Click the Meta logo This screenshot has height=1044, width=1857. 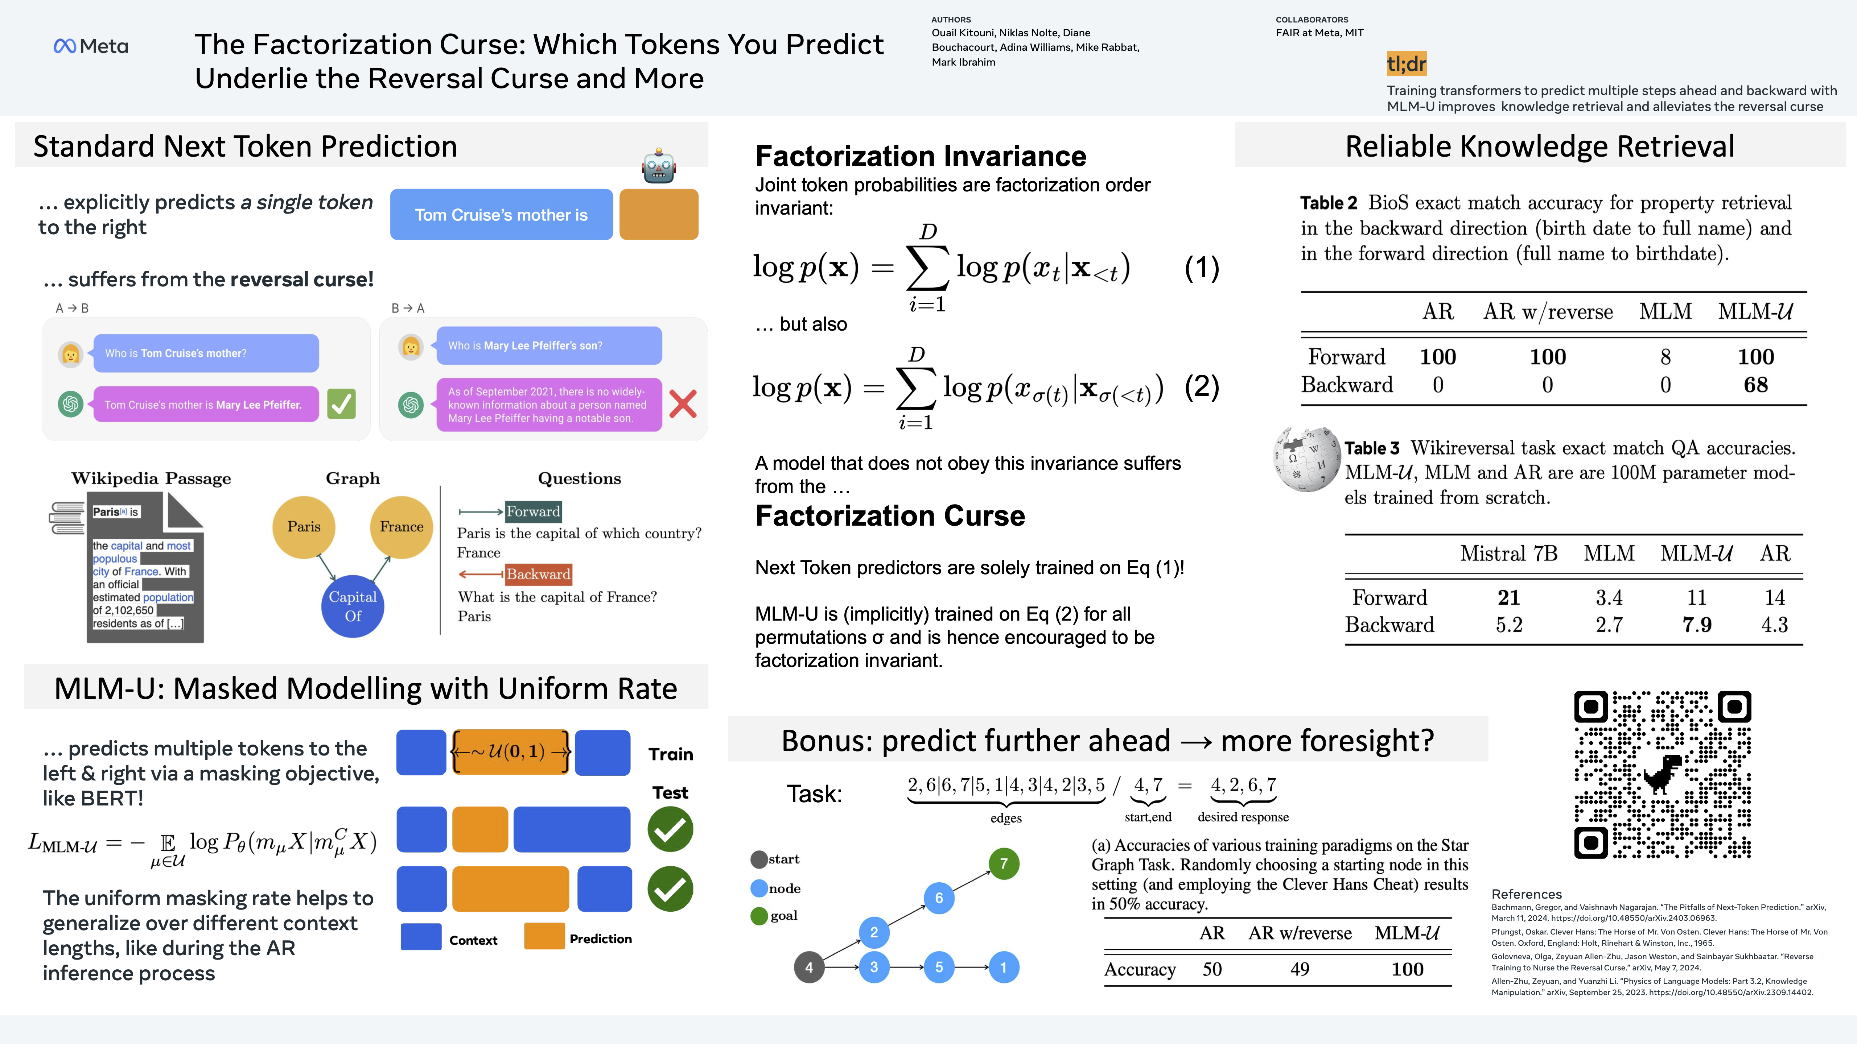coord(91,46)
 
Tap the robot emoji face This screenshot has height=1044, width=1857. coord(658,166)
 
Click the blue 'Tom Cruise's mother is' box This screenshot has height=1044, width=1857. coord(501,215)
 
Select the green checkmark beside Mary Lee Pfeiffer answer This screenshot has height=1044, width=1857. coord(341,404)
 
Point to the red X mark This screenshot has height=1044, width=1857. coord(683,404)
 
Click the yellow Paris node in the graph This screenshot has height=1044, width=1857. coord(304,527)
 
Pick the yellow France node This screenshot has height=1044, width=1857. coord(402,527)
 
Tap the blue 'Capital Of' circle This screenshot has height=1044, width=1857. coord(353,606)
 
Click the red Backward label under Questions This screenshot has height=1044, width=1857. coord(538,574)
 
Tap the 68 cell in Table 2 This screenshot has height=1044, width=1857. coord(1755,385)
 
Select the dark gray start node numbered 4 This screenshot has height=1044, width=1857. coord(809,967)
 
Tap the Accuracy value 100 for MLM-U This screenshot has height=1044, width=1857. coord(1407,969)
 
